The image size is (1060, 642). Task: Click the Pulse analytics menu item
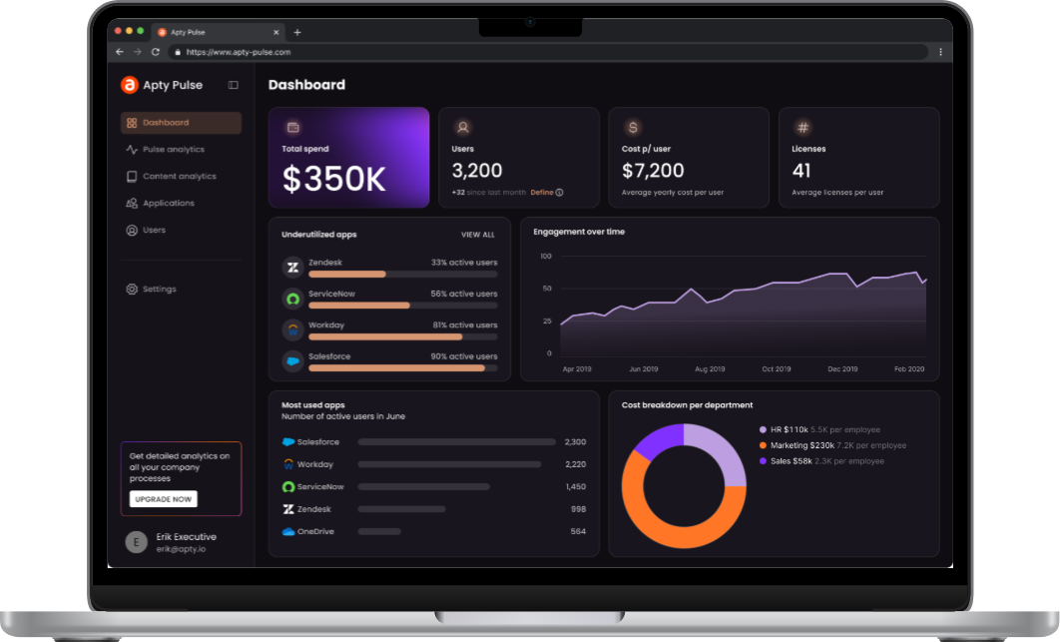click(x=173, y=150)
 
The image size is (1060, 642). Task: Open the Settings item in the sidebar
click(x=159, y=290)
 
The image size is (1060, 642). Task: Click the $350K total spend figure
click(x=333, y=179)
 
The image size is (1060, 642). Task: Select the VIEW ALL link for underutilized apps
click(x=477, y=235)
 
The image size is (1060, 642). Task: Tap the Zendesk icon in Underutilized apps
click(x=292, y=268)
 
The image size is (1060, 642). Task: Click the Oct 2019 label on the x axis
click(x=776, y=369)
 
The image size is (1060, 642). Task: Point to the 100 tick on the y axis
click(x=546, y=257)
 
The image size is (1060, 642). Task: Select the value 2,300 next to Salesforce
click(x=575, y=441)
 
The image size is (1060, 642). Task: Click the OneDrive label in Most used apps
click(x=315, y=531)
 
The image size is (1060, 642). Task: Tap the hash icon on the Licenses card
click(x=802, y=128)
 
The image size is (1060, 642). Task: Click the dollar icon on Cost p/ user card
click(x=633, y=128)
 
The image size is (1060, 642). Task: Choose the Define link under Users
click(x=542, y=193)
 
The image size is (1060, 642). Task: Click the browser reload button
click(x=155, y=52)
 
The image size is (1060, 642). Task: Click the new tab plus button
click(x=296, y=32)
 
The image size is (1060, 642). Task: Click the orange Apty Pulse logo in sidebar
click(x=129, y=86)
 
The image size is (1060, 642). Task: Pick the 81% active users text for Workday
click(x=464, y=325)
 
